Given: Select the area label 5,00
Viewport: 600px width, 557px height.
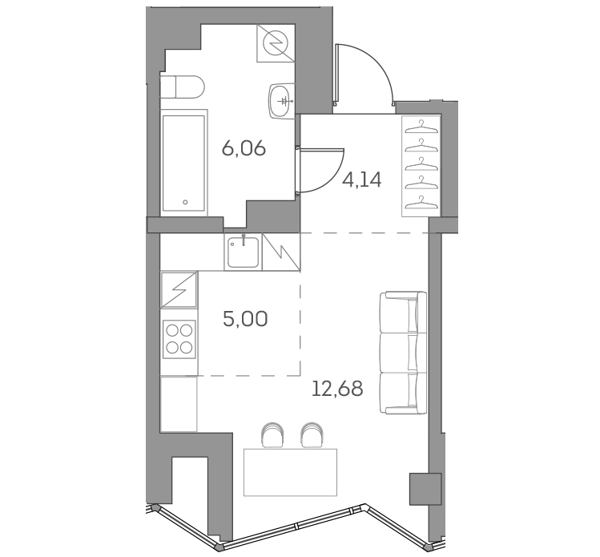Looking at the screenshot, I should tap(245, 319).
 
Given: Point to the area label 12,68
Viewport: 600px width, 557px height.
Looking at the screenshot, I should tap(339, 390).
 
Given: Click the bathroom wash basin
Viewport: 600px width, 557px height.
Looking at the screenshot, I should tap(281, 100).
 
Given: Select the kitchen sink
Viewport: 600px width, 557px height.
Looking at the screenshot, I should tap(242, 252).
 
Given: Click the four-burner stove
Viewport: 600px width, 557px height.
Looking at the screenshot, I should tap(179, 338).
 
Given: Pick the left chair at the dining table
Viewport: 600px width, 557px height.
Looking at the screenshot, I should tap(272, 434).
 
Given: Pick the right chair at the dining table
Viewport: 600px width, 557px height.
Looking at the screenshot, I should tap(311, 434).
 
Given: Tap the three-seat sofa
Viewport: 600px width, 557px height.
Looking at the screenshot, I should tap(404, 353).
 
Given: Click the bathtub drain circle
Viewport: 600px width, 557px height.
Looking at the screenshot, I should tap(186, 203).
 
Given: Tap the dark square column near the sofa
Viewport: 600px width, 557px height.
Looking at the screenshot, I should tap(425, 488).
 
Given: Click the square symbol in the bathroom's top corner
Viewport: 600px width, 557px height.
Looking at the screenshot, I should tap(275, 42).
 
